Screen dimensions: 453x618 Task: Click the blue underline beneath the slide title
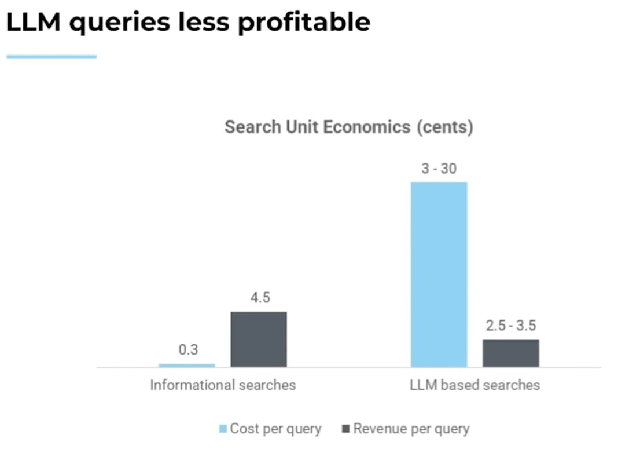coord(51,57)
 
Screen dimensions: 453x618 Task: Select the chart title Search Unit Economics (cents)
coord(348,127)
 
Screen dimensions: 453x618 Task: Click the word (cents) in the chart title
coord(445,127)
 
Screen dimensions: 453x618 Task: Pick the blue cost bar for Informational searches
coord(186,365)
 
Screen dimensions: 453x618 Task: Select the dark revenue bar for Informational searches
coord(259,339)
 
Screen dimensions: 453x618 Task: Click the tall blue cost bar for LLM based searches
coord(439,275)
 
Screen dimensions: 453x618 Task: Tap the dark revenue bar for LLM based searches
coord(511,353)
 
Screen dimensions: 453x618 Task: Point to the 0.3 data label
coord(188,350)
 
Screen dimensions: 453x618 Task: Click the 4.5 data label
coord(260,298)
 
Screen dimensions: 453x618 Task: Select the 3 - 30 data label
coord(439,169)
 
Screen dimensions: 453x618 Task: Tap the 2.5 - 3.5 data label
coord(511,326)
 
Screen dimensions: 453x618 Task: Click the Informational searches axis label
coord(223,385)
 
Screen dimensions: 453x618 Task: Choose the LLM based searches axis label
coord(474,385)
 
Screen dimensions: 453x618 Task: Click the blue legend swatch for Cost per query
coord(223,429)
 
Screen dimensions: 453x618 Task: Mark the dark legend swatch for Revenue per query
coord(346,429)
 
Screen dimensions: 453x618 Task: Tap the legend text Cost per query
coord(275,429)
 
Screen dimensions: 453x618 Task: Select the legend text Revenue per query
coord(411,429)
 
